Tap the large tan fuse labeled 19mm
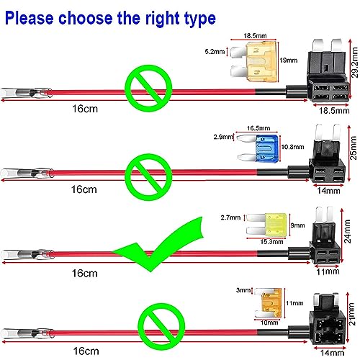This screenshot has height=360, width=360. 254,61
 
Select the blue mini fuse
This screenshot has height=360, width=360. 258,148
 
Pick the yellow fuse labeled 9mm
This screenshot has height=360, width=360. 267,224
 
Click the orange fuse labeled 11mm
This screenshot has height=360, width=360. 268,303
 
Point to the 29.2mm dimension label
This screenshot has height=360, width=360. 355,63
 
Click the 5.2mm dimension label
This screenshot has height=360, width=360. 215,52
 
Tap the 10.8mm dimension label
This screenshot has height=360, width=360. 292,147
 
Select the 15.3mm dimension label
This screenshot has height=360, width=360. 271,242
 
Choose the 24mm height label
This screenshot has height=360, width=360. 348,231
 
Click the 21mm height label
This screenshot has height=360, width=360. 351,314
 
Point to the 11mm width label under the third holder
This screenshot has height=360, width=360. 328,272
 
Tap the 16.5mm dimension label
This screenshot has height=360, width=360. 258,128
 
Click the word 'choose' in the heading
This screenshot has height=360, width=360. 86,18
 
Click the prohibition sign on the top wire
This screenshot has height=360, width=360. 149,88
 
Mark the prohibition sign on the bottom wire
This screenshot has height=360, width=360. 161,327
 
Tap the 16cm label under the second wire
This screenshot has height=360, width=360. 84,189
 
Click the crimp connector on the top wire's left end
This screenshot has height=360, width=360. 26,93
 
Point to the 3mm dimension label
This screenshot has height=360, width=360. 243,290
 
